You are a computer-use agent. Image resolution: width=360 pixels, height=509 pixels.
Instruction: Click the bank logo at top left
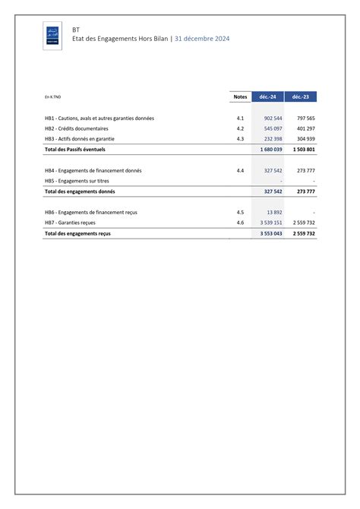52,36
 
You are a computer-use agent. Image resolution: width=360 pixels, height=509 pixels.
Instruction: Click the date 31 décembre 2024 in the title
201,39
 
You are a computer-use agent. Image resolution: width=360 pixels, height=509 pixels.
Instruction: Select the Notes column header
240,97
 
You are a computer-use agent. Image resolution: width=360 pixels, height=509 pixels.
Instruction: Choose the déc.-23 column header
302,97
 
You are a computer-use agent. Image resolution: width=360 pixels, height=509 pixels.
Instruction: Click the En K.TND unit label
53,98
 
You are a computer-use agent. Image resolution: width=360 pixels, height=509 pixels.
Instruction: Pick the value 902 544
273,119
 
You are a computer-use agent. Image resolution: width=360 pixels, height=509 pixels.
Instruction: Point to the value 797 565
305,119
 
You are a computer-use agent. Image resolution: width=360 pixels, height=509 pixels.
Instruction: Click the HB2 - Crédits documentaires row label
77,129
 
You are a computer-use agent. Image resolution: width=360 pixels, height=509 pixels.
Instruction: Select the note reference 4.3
240,139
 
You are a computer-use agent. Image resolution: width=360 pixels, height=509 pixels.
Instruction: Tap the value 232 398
273,139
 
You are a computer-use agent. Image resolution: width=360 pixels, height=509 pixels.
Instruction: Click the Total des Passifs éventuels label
75,150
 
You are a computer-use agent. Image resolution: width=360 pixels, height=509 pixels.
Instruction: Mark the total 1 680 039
271,150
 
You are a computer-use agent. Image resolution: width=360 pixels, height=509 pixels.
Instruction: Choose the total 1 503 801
304,150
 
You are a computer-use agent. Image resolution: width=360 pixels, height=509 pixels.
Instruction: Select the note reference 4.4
240,171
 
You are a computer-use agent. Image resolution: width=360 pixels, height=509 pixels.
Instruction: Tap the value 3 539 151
271,223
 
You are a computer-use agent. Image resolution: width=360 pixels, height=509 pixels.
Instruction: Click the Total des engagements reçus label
77,234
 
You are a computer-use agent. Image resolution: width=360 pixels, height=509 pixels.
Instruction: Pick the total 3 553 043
271,234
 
